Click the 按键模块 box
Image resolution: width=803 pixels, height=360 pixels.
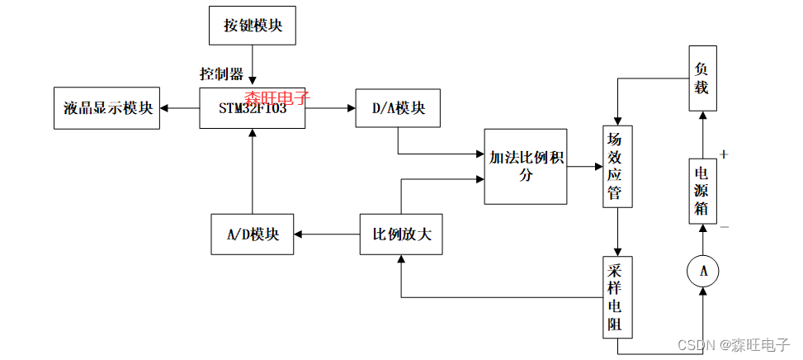[253, 26]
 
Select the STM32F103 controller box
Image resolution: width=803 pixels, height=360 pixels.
[253, 108]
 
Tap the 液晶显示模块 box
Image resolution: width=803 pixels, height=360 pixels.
[107, 108]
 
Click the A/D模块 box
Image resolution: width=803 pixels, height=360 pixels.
[253, 234]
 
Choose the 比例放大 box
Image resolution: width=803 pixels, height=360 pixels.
[402, 234]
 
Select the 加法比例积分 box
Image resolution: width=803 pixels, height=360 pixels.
[526, 167]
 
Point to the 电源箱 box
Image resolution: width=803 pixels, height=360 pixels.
[702, 191]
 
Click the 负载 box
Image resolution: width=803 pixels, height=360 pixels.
[701, 78]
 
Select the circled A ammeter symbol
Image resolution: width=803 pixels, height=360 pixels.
[703, 271]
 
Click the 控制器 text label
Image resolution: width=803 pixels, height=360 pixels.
[221, 73]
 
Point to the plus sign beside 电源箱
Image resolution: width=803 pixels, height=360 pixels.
[725, 154]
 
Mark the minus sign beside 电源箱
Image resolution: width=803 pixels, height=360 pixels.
[725, 226]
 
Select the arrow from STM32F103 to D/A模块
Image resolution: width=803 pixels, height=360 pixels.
[330, 108]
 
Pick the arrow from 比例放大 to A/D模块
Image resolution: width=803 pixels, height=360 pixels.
[327, 234]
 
